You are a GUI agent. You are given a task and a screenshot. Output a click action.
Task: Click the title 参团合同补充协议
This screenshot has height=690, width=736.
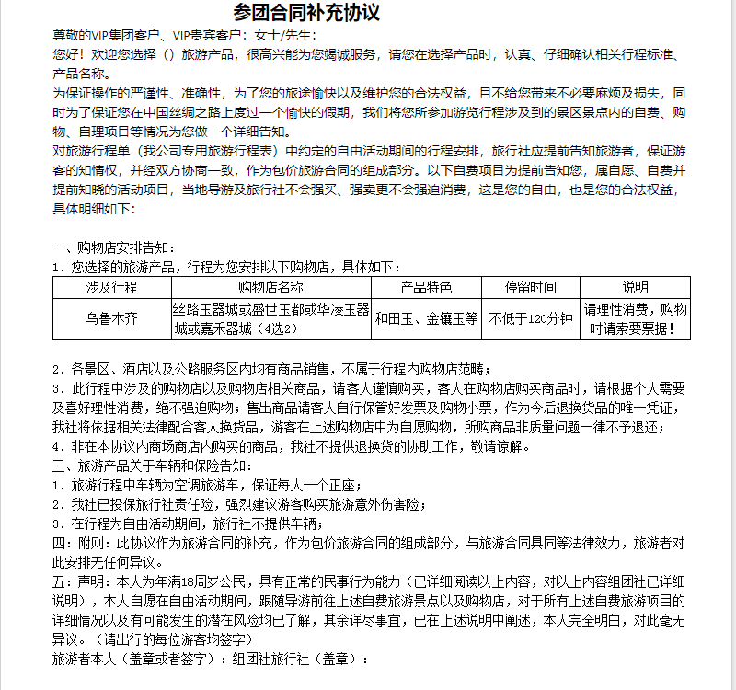point(306,13)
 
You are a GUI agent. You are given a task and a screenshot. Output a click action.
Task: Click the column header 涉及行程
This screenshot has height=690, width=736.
point(111,288)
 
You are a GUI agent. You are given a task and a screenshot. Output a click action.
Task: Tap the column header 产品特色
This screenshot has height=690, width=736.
point(426,288)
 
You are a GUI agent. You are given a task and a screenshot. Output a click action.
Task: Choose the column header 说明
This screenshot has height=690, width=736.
point(635,288)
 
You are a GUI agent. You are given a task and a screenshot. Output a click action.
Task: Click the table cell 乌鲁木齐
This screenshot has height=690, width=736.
point(111,319)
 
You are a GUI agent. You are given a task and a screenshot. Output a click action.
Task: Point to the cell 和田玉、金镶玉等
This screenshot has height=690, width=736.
point(426,319)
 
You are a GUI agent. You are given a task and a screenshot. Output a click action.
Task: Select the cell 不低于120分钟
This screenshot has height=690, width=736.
point(530,319)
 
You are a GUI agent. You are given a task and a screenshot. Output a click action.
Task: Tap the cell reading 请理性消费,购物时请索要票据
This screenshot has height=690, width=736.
point(635,319)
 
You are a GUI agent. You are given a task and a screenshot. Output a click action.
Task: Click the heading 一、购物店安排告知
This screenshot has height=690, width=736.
point(112,248)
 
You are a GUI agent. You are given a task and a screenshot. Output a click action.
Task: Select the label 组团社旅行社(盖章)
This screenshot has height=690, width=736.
point(300,659)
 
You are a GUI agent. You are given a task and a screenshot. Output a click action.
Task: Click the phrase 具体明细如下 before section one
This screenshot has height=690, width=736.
point(94,209)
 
